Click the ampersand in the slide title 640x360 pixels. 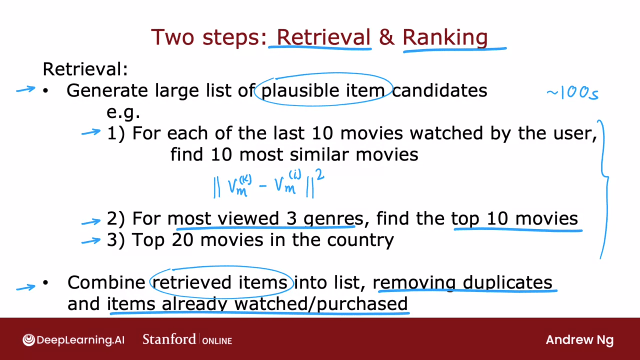point(387,37)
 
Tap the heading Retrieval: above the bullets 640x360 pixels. point(85,69)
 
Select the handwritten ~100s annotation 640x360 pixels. point(573,92)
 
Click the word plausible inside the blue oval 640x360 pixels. point(300,91)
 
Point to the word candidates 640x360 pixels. point(439,90)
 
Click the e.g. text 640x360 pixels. point(123,113)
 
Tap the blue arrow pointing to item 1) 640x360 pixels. point(91,133)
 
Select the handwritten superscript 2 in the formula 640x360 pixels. point(320,174)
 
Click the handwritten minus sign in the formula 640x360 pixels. point(263,186)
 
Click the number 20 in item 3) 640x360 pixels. point(182,240)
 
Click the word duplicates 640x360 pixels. point(507,283)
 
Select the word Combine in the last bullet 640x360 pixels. point(106,283)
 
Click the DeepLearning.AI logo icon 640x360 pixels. point(29,340)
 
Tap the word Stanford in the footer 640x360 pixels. point(169,339)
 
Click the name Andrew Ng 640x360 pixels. point(580,340)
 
